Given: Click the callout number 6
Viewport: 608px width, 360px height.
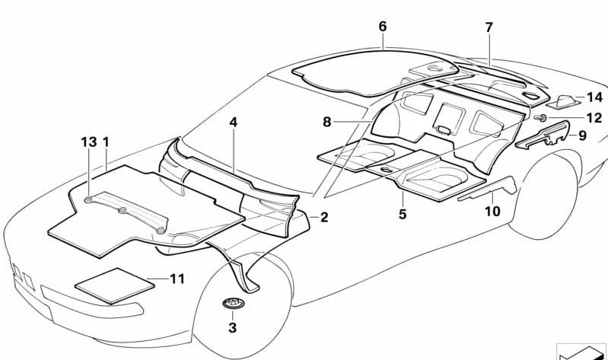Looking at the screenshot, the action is (382, 27).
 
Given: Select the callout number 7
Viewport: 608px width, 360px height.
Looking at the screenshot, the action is (489, 27).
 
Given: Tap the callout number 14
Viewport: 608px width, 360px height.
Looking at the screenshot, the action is (594, 97).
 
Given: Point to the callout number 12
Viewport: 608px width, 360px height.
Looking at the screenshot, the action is (594, 117).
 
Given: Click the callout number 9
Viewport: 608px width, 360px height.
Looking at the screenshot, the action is (582, 135).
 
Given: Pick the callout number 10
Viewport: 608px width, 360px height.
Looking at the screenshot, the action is (492, 212).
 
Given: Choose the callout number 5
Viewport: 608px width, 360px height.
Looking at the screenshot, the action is (403, 214).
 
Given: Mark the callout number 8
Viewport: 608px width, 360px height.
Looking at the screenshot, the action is (327, 123).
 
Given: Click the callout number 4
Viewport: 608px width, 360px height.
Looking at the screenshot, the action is (233, 123).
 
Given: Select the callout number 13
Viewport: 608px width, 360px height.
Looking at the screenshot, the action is (89, 142).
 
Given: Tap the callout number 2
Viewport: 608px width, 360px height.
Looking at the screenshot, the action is (324, 217).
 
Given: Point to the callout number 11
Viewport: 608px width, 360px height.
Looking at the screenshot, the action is (177, 279).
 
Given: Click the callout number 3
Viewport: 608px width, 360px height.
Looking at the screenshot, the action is (232, 328).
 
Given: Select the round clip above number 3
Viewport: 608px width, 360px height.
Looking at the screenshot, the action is (233, 303).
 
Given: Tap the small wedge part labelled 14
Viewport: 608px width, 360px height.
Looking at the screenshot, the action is (562, 102).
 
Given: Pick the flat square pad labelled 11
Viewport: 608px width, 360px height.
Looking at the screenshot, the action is (115, 286).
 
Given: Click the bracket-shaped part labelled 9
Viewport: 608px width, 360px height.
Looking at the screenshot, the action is (543, 135).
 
